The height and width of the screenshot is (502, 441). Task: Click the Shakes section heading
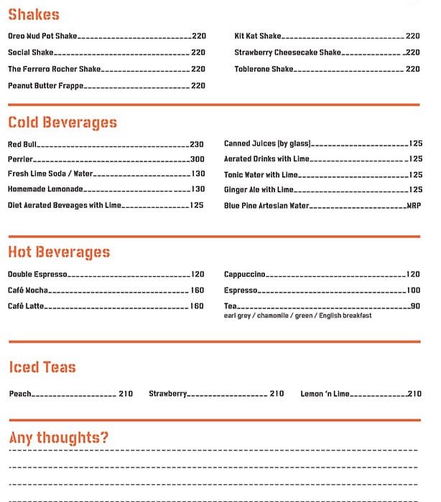point(34,14)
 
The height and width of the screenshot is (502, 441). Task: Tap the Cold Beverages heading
point(62,123)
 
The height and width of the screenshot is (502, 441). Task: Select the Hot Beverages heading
point(59,252)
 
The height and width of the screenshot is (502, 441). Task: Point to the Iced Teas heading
point(42,367)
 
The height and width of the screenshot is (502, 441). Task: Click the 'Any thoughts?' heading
point(59,437)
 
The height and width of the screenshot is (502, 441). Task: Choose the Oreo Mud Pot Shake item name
point(42,36)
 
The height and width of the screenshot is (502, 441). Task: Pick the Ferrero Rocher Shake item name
point(55,69)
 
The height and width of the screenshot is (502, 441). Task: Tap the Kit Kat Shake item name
point(258,36)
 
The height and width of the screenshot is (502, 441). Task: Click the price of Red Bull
point(197,144)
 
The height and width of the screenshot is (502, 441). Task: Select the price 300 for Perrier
point(198,159)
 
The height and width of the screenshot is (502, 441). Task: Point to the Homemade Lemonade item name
point(45,189)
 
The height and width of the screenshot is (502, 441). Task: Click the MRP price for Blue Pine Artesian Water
point(414,206)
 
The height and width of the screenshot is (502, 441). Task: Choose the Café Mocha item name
point(28,290)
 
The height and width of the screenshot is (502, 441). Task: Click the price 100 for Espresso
point(413,290)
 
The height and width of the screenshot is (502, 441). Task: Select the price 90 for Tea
point(415,306)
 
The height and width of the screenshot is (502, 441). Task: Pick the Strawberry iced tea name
point(168,394)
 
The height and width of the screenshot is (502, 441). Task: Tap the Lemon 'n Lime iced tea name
point(325,394)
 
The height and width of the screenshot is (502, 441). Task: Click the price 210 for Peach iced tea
point(126,394)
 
